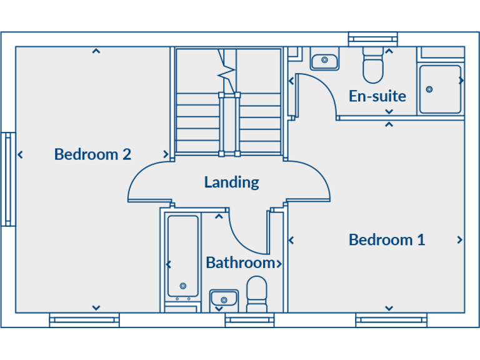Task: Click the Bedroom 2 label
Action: pos(92,154)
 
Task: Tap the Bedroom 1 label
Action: pos(387,239)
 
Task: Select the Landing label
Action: pos(231,182)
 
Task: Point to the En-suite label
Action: pos(377,96)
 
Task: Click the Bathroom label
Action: pos(240,262)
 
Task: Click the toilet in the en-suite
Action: pos(373,67)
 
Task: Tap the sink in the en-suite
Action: pos(324,61)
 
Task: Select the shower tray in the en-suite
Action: pos(440,89)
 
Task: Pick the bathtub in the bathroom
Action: pos(182,256)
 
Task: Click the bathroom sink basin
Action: pos(223,298)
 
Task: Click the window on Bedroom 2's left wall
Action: pos(7,179)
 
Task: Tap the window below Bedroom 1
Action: pos(391,321)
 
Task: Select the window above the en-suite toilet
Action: pos(372,39)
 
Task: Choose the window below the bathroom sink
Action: pos(249,321)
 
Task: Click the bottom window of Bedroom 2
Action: pos(84,321)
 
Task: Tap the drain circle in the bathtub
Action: pos(182,286)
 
